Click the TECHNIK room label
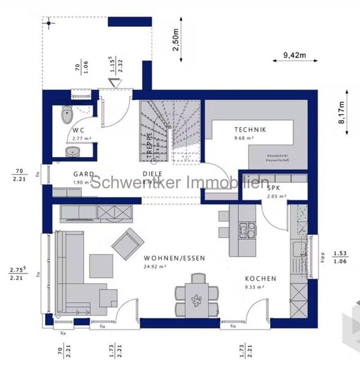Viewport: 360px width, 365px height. point(250,129)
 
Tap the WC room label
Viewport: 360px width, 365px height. point(79,130)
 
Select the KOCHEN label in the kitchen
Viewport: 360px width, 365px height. point(261,279)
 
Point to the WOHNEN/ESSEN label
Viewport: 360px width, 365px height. point(167,258)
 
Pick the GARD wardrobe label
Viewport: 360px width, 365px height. point(84,174)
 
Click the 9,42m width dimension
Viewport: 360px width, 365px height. point(294,54)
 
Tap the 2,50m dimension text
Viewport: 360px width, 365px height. point(175,40)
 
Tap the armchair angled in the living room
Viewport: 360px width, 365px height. point(127,244)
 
